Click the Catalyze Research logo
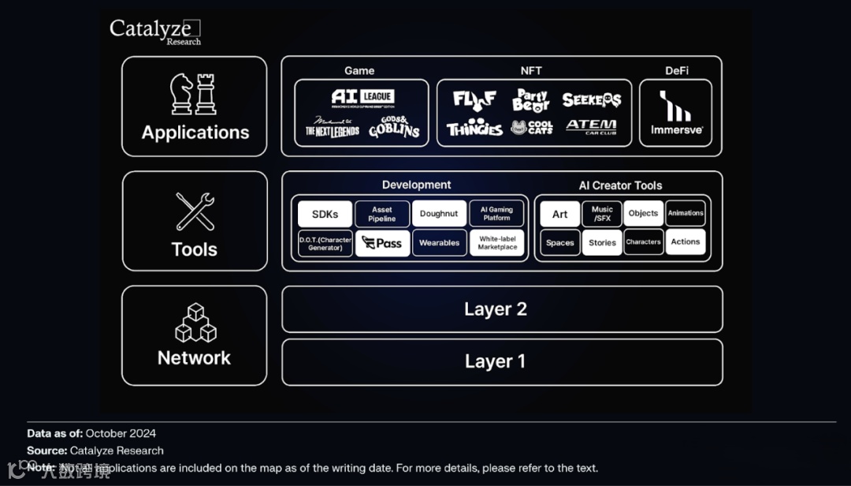click(154, 31)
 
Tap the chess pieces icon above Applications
click(194, 95)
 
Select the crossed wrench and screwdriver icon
click(195, 211)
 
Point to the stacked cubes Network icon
click(195, 323)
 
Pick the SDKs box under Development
click(325, 214)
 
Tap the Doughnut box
click(439, 214)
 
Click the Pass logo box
click(382, 243)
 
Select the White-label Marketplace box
click(497, 243)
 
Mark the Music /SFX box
click(602, 214)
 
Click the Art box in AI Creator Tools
click(559, 214)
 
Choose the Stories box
click(602, 243)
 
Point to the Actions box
click(685, 242)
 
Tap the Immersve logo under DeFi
click(676, 112)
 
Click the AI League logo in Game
click(362, 99)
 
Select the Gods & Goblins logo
click(394, 128)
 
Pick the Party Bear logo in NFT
click(530, 100)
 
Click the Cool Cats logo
click(532, 128)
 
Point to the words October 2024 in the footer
click(121, 433)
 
